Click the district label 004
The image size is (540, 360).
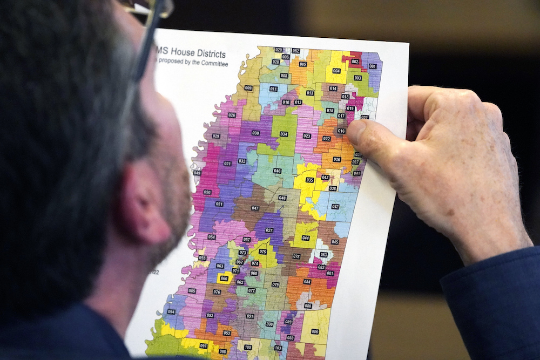click(x=336, y=71)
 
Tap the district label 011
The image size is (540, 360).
click(x=273, y=89)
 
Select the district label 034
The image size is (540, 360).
click(x=283, y=134)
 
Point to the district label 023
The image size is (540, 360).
click(x=307, y=136)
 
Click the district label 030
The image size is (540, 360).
click(x=255, y=133)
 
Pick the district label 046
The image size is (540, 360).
click(x=277, y=171)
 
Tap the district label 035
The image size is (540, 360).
click(x=309, y=180)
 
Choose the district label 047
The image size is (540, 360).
click(x=255, y=208)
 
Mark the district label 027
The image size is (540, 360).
click(x=269, y=230)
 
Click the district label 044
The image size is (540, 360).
click(x=306, y=238)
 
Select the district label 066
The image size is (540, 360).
click(x=224, y=279)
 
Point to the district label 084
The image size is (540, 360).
click(x=307, y=282)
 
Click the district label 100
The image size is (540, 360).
click(x=248, y=348)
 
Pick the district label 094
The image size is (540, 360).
click(x=171, y=312)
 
